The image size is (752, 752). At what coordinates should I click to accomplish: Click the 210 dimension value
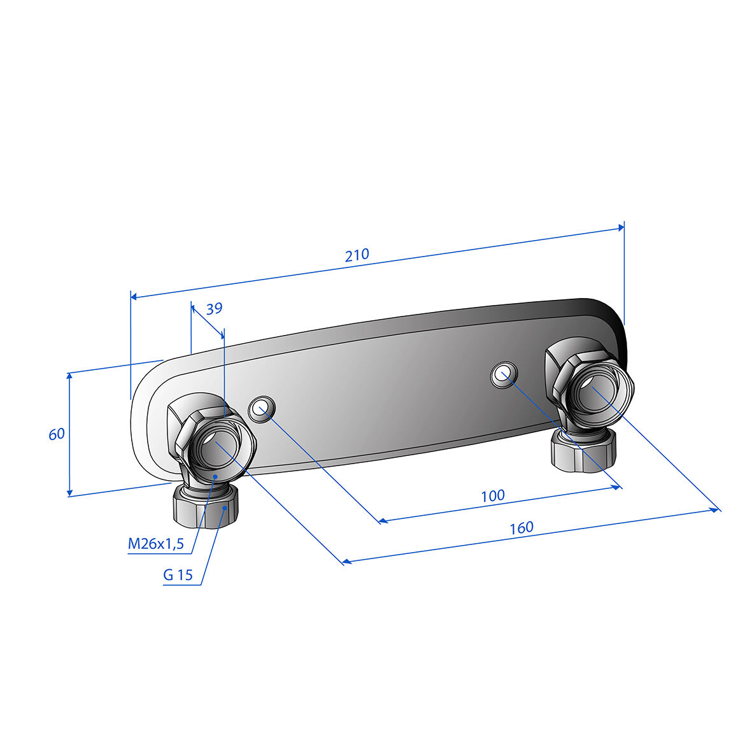(x=357, y=255)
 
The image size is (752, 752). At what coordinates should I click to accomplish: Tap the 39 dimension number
(x=214, y=308)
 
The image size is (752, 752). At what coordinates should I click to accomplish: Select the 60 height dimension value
(x=57, y=434)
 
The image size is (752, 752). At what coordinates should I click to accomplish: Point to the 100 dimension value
(x=493, y=495)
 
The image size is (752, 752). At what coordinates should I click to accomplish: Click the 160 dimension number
(x=521, y=528)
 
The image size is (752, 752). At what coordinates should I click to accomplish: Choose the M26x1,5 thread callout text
(x=156, y=543)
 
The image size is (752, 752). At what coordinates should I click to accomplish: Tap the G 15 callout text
(x=178, y=574)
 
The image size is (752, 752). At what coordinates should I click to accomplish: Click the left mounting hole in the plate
(x=262, y=409)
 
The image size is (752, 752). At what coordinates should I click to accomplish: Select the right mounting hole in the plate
(x=504, y=374)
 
